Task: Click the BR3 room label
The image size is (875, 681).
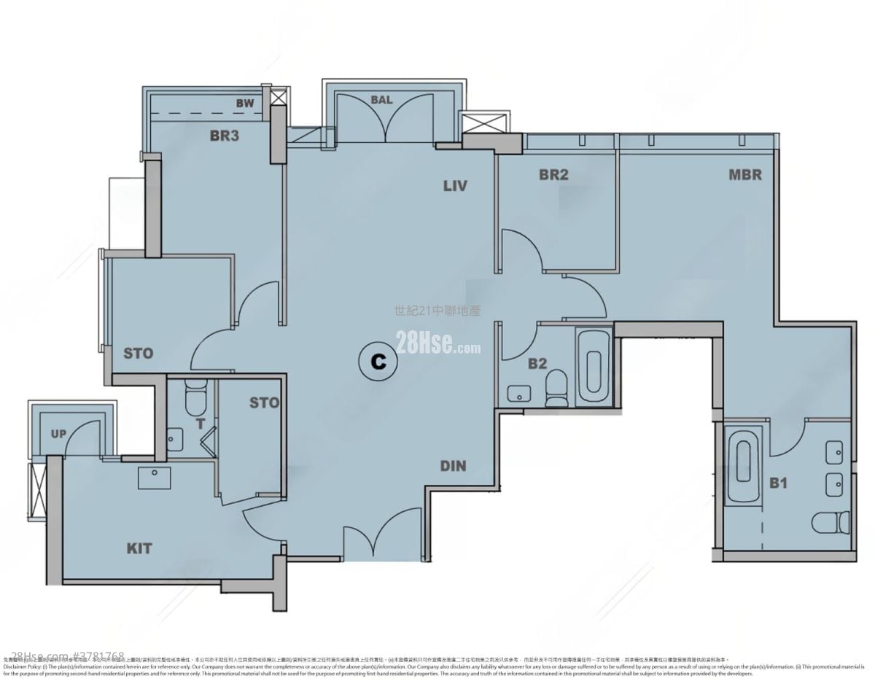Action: tap(225, 136)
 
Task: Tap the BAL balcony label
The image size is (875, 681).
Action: tap(381, 100)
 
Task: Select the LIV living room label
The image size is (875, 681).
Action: tap(454, 186)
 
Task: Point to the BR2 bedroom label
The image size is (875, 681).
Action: tap(553, 175)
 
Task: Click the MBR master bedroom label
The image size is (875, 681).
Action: tap(744, 175)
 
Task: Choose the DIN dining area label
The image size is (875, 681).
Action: tap(453, 466)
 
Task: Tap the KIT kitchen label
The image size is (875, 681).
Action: tap(139, 548)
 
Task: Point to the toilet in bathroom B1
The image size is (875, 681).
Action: tap(831, 521)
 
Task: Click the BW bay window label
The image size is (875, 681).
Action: tap(245, 104)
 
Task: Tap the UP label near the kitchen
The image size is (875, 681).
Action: tap(58, 434)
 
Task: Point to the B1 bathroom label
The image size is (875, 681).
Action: tap(779, 483)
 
